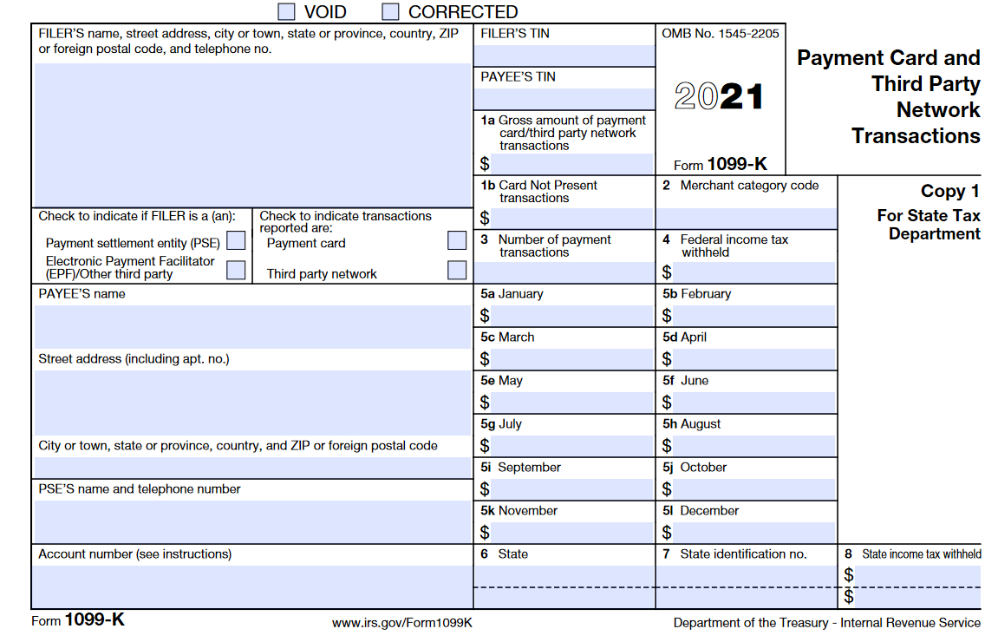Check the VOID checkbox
(286, 11)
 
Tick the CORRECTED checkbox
(391, 11)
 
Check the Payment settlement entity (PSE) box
(235, 240)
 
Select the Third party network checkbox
(457, 270)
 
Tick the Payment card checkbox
(457, 240)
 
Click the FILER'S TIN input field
(564, 56)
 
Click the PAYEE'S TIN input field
(564, 99)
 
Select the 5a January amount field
(572, 315)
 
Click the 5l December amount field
(753, 532)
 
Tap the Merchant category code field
(746, 218)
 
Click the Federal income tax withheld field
(753, 272)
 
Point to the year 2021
(719, 96)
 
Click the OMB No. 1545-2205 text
(720, 34)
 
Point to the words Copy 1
(949, 192)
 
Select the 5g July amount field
(572, 445)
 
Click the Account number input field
(251, 586)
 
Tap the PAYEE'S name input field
(251, 326)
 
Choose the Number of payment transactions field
(564, 272)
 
